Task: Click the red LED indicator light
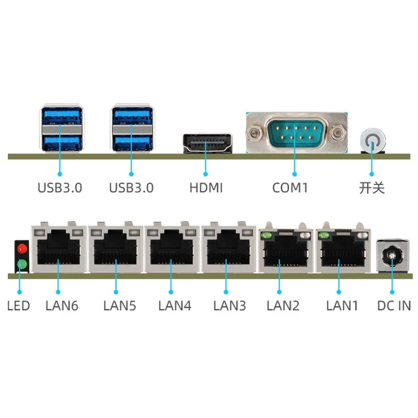[22, 249]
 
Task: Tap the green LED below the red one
[22, 264]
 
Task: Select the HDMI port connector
[207, 143]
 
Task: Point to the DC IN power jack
[392, 256]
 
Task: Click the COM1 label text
[290, 188]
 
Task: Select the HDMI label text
[206, 188]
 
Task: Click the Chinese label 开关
[372, 188]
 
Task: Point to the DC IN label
[394, 306]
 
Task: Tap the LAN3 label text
[229, 306]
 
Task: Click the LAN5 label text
[120, 306]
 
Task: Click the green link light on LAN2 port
[266, 236]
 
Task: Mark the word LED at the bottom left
[18, 306]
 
